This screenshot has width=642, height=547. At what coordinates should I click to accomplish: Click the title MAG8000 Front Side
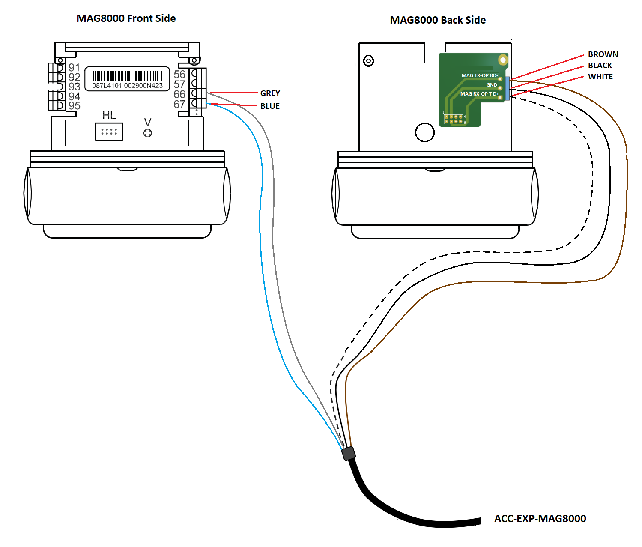126,18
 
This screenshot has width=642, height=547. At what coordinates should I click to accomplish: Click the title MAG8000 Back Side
438,20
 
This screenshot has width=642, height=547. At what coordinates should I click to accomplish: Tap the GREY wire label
270,93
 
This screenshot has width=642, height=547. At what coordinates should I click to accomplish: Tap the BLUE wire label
270,106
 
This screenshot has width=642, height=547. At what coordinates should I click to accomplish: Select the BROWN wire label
603,54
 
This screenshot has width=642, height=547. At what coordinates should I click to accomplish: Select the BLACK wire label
600,66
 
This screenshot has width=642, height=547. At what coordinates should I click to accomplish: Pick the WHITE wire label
600,77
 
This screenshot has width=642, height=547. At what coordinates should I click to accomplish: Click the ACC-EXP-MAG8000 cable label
540,519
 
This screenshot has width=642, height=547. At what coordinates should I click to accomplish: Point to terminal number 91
74,68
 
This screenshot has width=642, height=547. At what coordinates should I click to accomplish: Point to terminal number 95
74,105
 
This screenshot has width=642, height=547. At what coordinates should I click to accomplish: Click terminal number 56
179,75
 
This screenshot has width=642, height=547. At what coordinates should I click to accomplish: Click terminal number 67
179,104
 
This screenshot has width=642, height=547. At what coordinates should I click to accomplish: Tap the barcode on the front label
127,76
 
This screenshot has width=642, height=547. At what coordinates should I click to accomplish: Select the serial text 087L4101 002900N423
127,86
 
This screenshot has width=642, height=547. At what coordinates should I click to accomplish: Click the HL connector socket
109,132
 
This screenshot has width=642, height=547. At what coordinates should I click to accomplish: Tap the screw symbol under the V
148,133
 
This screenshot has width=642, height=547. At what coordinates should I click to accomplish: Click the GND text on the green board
492,85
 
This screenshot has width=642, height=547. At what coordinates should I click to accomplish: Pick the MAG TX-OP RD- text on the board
479,75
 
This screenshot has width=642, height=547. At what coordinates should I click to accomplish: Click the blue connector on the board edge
507,89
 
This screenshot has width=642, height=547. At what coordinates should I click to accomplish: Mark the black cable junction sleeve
349,453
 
